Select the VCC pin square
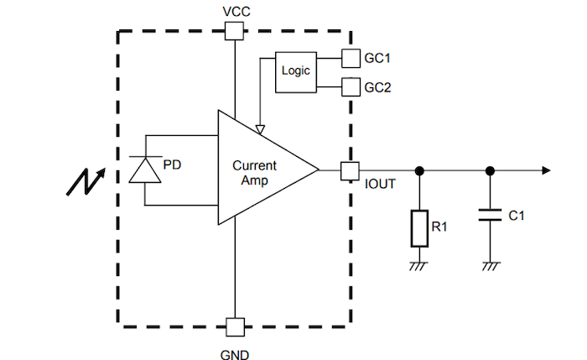click(236, 31)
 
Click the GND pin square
click(236, 326)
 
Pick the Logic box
click(295, 71)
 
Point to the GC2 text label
click(377, 86)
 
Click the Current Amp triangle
click(260, 168)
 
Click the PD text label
click(172, 164)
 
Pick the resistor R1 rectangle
click(419, 228)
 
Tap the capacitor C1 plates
click(489, 216)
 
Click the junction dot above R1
click(419, 170)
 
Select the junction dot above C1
click(489, 170)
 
